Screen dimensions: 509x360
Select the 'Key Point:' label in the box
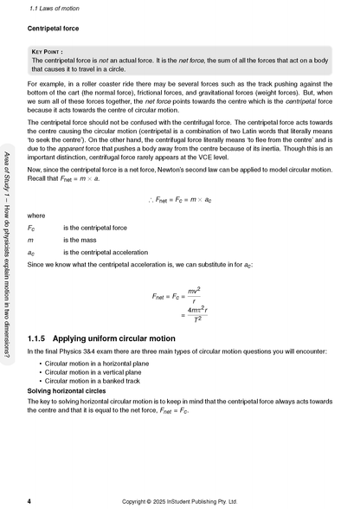click(x=50, y=51)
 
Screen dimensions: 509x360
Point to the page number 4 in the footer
click(x=30, y=499)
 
